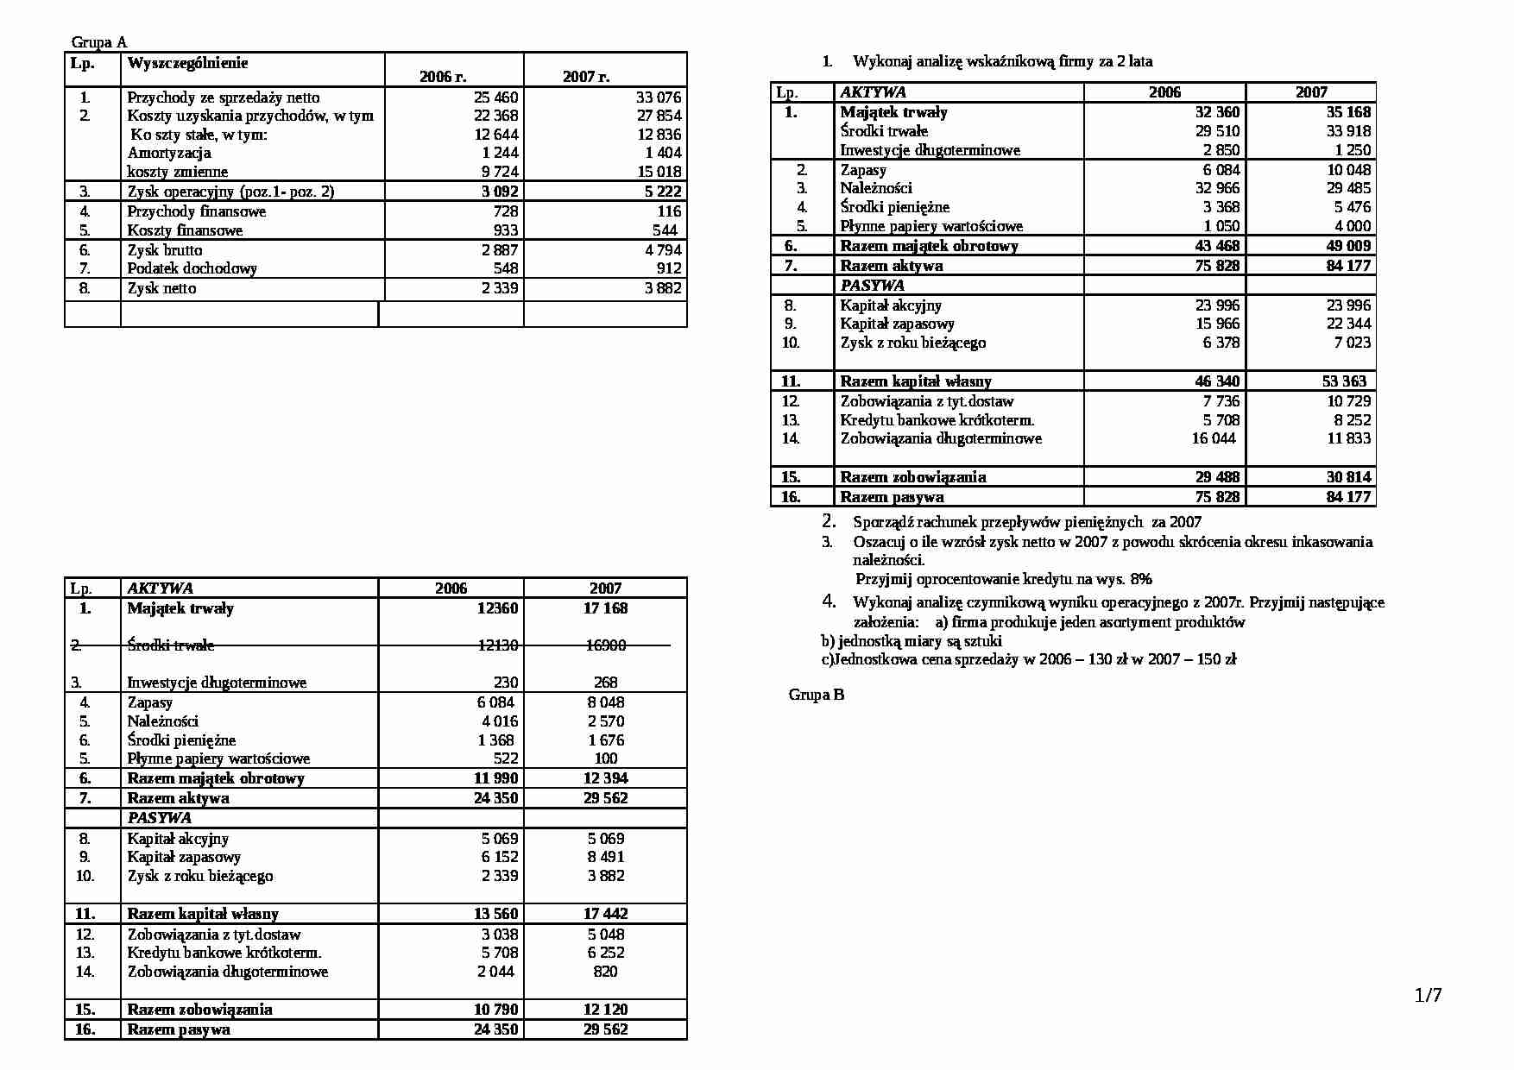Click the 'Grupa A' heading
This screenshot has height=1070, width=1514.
(x=98, y=42)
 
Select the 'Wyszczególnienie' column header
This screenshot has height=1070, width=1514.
(x=186, y=63)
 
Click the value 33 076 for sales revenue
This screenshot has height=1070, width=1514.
(x=659, y=98)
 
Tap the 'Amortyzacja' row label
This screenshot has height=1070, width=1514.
(x=169, y=153)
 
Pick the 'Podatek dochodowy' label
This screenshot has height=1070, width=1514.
(x=192, y=268)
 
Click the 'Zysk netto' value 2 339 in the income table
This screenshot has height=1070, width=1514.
(x=500, y=288)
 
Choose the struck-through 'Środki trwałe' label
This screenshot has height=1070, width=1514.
(x=170, y=645)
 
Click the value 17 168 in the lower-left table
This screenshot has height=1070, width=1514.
(x=605, y=608)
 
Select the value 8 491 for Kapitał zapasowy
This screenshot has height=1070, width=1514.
(x=605, y=857)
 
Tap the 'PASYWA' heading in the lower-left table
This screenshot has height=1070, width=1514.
(x=159, y=818)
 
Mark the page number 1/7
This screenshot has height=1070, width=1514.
(x=1429, y=995)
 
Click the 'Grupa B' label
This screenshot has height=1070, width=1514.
(x=816, y=695)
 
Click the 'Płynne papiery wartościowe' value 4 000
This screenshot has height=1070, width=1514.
(x=1352, y=226)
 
